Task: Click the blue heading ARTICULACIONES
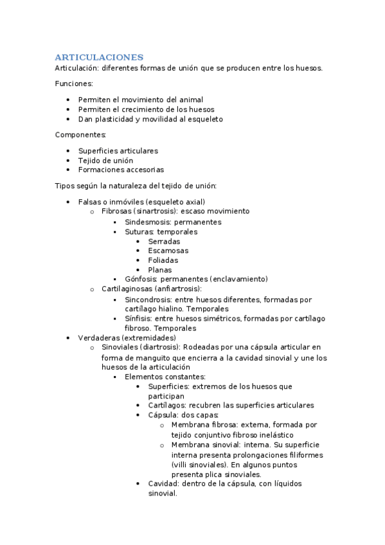coord(99,57)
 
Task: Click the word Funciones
coord(74,84)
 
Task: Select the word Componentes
coord(80,134)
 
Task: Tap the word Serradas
coord(164,241)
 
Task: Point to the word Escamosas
coord(168,251)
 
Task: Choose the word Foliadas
coord(163,260)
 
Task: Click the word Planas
coord(160,270)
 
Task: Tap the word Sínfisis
coord(139,319)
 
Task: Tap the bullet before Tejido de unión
coord(69,161)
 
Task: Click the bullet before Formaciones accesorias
coord(69,170)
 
